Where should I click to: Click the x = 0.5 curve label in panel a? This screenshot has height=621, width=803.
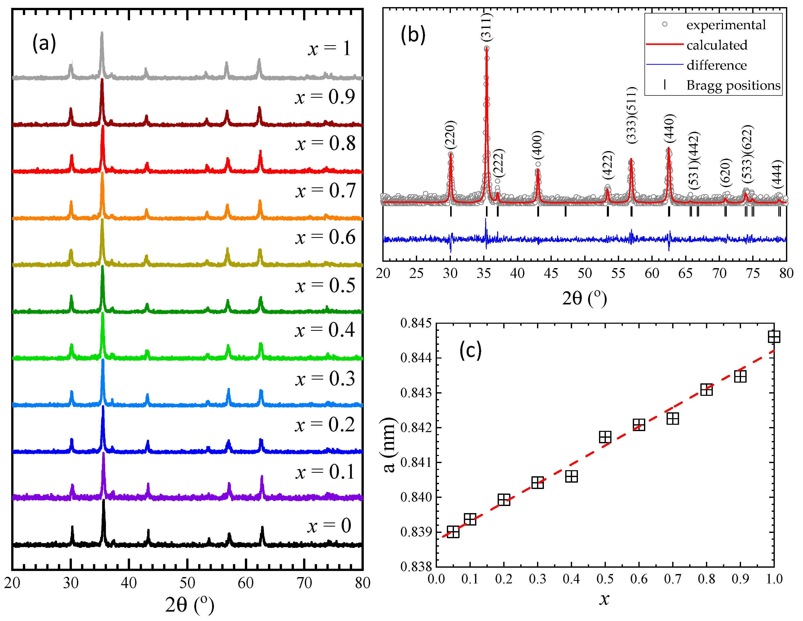[x=325, y=286]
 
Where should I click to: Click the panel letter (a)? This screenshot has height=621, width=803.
[x=44, y=43]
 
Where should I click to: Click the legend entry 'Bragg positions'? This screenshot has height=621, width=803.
[x=733, y=85]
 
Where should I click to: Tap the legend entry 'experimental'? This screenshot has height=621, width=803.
[x=726, y=25]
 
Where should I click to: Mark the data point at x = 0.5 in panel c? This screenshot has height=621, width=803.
[x=605, y=437]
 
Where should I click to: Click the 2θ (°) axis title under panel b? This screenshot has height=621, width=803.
[x=584, y=298]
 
